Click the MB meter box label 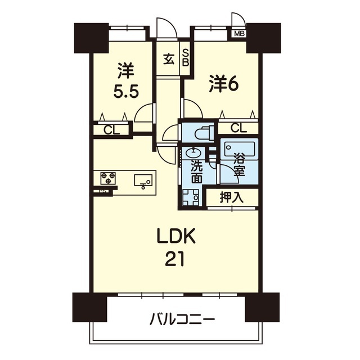pos(239,34)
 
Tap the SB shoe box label pos(186,58)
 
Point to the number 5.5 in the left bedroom pos(126,92)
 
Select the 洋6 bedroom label pos(224,84)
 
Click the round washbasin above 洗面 pos(194,152)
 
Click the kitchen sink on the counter pos(143,181)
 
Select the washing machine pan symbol pos(191,197)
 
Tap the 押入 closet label pos(231,197)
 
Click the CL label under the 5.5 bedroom pos(112,130)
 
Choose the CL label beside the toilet pos(238,128)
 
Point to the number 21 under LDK pos(175,259)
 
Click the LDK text pos(176,236)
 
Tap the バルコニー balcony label pos(182,319)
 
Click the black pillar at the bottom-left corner pos(90,307)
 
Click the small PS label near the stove pos(102,191)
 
